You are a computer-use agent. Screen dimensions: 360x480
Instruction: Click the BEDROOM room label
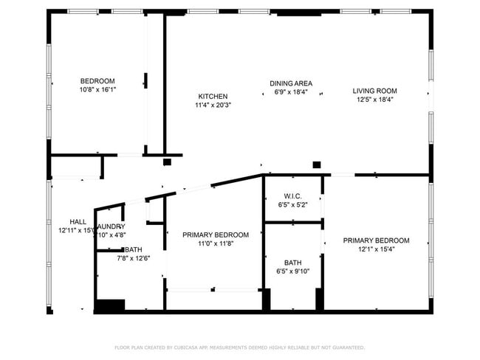pos(97,80)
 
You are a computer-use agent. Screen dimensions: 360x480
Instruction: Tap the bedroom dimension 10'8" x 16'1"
pos(97,89)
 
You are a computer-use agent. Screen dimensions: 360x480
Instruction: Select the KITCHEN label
pos(213,97)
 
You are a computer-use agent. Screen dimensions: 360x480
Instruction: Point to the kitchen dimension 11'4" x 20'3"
pos(213,105)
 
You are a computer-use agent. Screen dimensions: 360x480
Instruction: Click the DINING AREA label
pos(290,83)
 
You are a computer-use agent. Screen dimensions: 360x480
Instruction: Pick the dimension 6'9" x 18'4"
pos(290,92)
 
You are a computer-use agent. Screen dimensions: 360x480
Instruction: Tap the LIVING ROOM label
pos(374,91)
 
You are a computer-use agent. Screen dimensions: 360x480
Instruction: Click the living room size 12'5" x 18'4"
pos(374,100)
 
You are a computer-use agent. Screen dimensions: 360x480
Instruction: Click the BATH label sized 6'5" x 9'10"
pos(292,263)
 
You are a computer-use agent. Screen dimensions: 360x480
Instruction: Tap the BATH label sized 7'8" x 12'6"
pos(133,249)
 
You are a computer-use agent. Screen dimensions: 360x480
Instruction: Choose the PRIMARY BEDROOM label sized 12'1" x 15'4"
pos(376,240)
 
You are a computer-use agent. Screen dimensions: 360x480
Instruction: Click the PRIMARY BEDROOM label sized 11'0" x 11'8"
pos(216,235)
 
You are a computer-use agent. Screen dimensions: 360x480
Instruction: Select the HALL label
pos(78,221)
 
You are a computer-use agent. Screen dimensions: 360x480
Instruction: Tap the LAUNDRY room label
pos(111,226)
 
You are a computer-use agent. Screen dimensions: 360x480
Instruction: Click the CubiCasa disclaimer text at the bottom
pos(239,347)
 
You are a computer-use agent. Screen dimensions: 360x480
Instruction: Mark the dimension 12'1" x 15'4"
pos(376,249)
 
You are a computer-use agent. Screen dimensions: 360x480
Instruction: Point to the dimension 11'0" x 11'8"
pos(216,243)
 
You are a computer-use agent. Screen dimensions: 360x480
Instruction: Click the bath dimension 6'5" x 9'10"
pos(292,271)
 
